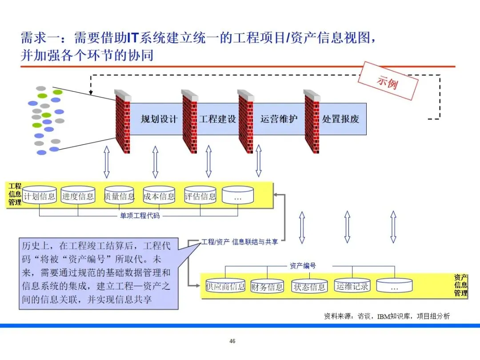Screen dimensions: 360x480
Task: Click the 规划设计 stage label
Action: click(x=159, y=119)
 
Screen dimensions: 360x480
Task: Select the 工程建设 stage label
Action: click(x=217, y=119)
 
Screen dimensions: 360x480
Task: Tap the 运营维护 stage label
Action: click(x=279, y=119)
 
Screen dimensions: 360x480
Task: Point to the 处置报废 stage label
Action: click(x=341, y=119)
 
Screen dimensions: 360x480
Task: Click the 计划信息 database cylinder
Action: click(x=40, y=196)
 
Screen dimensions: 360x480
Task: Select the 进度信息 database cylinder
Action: click(x=78, y=196)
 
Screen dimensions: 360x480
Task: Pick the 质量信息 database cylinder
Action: click(x=119, y=196)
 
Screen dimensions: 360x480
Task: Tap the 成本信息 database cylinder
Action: click(x=159, y=196)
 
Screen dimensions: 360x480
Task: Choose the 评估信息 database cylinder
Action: click(x=200, y=196)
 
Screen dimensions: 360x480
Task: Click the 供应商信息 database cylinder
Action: click(x=225, y=286)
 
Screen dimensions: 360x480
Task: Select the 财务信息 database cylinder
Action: click(x=267, y=287)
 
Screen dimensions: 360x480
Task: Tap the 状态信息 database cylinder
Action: click(x=309, y=287)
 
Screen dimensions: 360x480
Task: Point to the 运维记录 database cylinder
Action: click(x=352, y=286)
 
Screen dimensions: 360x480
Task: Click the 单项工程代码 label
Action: click(x=140, y=216)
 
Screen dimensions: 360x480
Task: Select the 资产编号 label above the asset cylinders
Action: click(x=302, y=266)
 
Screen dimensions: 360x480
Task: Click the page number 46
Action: click(x=232, y=341)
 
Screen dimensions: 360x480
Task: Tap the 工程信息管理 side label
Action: click(x=15, y=194)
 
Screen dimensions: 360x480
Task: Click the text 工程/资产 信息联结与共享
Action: click(x=240, y=242)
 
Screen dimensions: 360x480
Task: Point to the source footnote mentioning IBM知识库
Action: click(x=386, y=316)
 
